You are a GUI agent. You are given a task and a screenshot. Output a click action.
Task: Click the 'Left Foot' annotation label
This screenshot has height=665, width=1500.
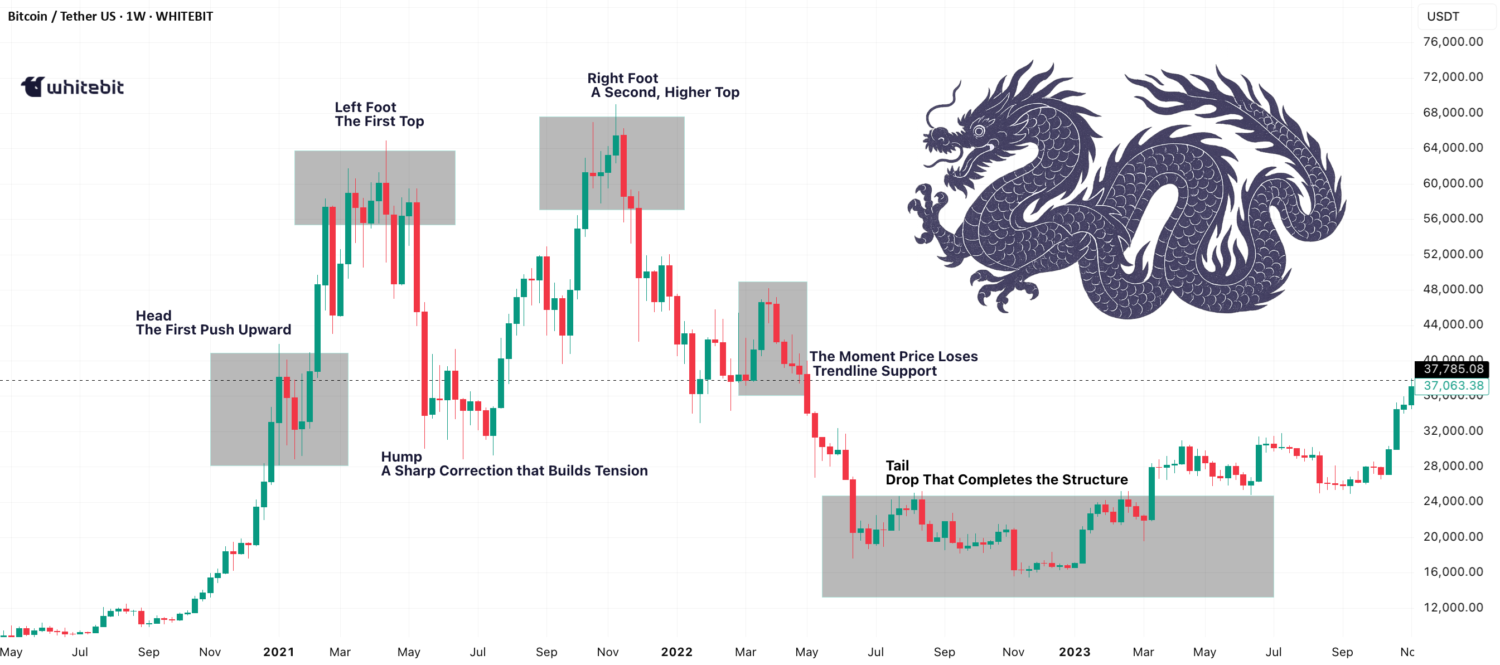[x=365, y=107]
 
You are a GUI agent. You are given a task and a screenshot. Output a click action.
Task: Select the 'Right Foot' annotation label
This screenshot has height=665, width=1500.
[x=622, y=78]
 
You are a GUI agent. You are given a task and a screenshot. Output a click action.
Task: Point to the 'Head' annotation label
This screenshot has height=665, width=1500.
[x=154, y=315]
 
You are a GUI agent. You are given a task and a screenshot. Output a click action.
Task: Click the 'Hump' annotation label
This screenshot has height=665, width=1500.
[x=401, y=457]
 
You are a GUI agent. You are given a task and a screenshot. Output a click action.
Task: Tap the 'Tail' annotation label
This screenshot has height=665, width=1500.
[x=897, y=465]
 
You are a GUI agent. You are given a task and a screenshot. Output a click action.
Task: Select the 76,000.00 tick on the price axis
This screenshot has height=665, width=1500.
[x=1453, y=41]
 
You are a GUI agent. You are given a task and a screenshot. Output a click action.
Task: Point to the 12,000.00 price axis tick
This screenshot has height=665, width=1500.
[x=1453, y=607]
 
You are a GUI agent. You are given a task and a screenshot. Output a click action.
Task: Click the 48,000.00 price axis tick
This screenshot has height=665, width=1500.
[x=1453, y=289]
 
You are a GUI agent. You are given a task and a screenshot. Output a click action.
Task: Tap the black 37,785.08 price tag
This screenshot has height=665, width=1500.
[x=1453, y=368]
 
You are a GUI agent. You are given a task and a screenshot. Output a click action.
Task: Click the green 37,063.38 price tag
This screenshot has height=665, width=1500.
[x=1453, y=386]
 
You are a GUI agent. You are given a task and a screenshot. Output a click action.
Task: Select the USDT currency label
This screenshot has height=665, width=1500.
[x=1443, y=16]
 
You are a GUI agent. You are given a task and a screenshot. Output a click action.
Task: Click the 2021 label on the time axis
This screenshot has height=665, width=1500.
[x=278, y=652]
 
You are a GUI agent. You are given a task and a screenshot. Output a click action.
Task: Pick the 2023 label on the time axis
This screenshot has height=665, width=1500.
[x=1075, y=652]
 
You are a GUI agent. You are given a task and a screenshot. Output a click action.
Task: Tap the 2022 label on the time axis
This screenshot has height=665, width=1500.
[x=676, y=652]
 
